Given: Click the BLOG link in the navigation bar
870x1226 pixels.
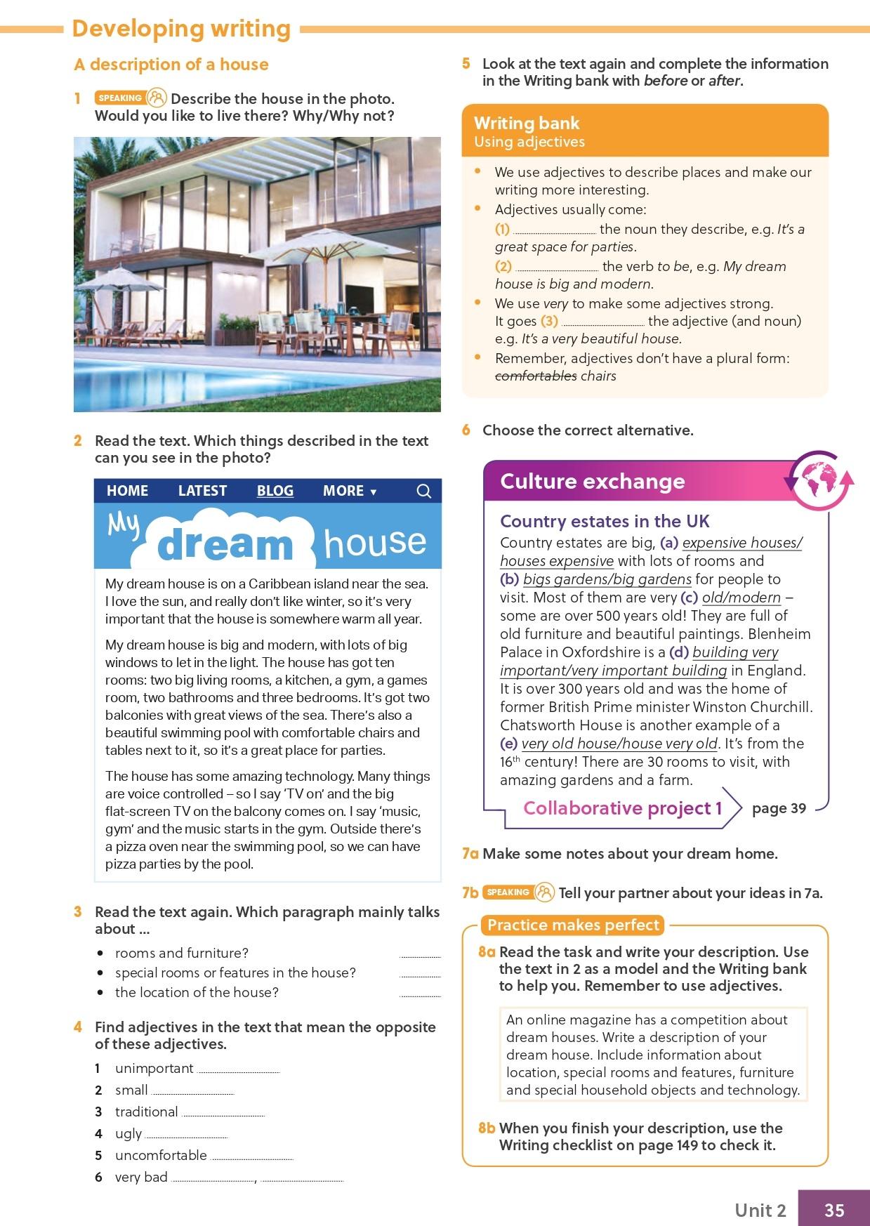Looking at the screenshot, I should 275,491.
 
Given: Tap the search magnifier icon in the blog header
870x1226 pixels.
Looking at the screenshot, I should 424,491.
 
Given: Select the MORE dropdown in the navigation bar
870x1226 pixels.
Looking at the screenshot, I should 349,491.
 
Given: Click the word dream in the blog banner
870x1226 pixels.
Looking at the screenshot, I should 225,545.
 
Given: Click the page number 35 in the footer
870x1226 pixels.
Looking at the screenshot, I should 834,1210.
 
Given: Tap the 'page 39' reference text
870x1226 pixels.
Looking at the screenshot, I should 779,808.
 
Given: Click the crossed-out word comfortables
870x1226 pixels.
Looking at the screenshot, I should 535,376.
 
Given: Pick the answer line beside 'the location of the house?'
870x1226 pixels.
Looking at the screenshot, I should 420,994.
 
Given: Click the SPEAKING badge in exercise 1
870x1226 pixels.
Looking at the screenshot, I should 120,98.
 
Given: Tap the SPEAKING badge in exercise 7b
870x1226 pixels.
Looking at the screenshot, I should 508,892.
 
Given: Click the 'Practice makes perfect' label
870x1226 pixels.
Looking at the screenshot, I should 574,925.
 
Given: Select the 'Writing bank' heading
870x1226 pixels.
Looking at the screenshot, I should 527,124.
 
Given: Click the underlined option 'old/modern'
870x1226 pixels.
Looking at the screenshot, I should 741,598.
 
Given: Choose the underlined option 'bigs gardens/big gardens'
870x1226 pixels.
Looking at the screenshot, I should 607,579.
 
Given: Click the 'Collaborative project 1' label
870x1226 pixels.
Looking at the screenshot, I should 622,808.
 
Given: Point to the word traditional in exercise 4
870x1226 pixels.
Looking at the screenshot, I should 146,1112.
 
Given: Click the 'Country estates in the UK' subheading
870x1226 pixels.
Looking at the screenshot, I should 605,521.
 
